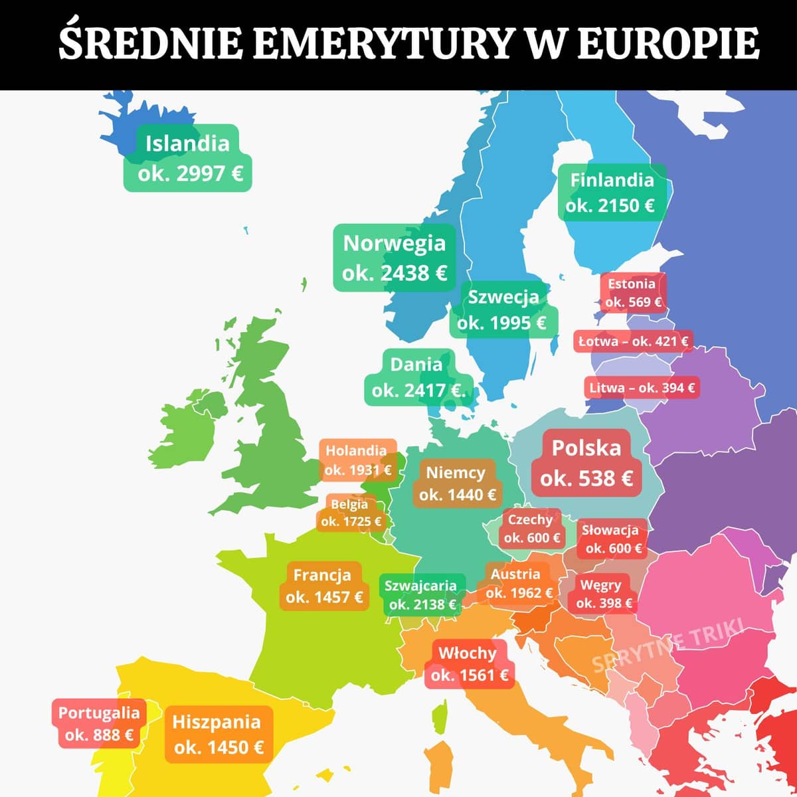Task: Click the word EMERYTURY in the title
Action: tap(384, 43)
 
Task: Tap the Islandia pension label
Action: tap(188, 158)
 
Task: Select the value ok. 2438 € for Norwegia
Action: tap(395, 273)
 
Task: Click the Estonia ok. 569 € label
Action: tap(632, 293)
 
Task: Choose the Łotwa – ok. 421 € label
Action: tap(633, 341)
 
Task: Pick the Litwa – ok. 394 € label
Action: tap(642, 387)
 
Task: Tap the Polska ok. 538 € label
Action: tap(586, 463)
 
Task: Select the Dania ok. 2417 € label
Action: tap(416, 377)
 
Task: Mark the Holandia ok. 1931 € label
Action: tap(357, 460)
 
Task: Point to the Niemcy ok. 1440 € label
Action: tap(456, 484)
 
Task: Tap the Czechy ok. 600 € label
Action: tap(531, 529)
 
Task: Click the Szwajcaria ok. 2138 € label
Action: tap(421, 594)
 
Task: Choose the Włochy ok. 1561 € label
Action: tap(468, 664)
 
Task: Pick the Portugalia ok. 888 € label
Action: tap(99, 723)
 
